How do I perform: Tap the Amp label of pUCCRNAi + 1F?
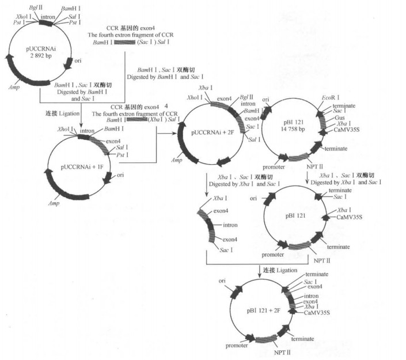(x=54, y=203)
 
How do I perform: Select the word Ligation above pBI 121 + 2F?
(x=286, y=270)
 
